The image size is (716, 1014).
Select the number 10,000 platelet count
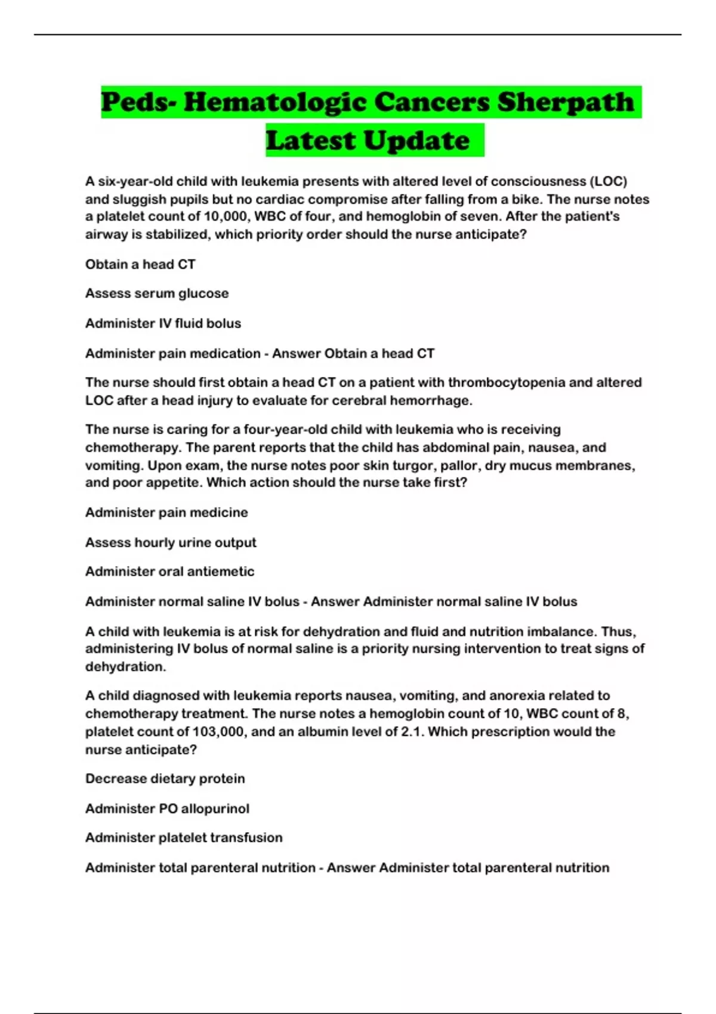(x=227, y=217)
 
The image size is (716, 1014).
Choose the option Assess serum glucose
(x=157, y=293)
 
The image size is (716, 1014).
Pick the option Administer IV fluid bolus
(x=163, y=323)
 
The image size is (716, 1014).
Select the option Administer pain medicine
(x=166, y=512)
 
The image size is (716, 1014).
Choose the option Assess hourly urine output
(x=171, y=542)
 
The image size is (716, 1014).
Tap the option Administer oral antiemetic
(x=169, y=571)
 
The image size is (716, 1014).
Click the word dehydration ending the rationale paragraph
(x=125, y=666)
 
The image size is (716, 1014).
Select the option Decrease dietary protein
(x=165, y=778)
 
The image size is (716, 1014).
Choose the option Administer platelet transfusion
(x=184, y=837)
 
